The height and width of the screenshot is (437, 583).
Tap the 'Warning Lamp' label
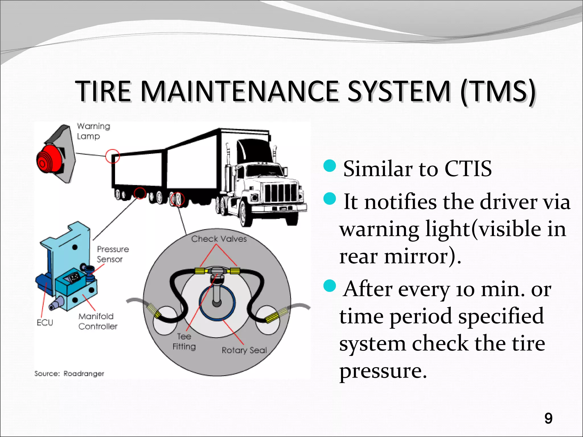point(93,131)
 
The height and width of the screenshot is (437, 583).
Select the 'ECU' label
point(45,323)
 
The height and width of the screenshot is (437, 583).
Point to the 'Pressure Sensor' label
point(112,254)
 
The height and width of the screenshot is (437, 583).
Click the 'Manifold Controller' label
point(97,321)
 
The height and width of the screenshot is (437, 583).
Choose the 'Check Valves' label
point(219,239)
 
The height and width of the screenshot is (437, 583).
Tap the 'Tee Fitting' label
point(184,341)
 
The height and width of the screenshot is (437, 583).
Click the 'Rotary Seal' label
point(244,350)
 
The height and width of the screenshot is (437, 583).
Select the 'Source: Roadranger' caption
point(69,374)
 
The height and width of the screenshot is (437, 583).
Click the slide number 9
point(548,418)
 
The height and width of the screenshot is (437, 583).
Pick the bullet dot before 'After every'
point(330,286)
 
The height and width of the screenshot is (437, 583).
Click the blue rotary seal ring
point(217,303)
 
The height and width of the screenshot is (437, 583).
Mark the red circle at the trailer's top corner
point(112,156)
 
